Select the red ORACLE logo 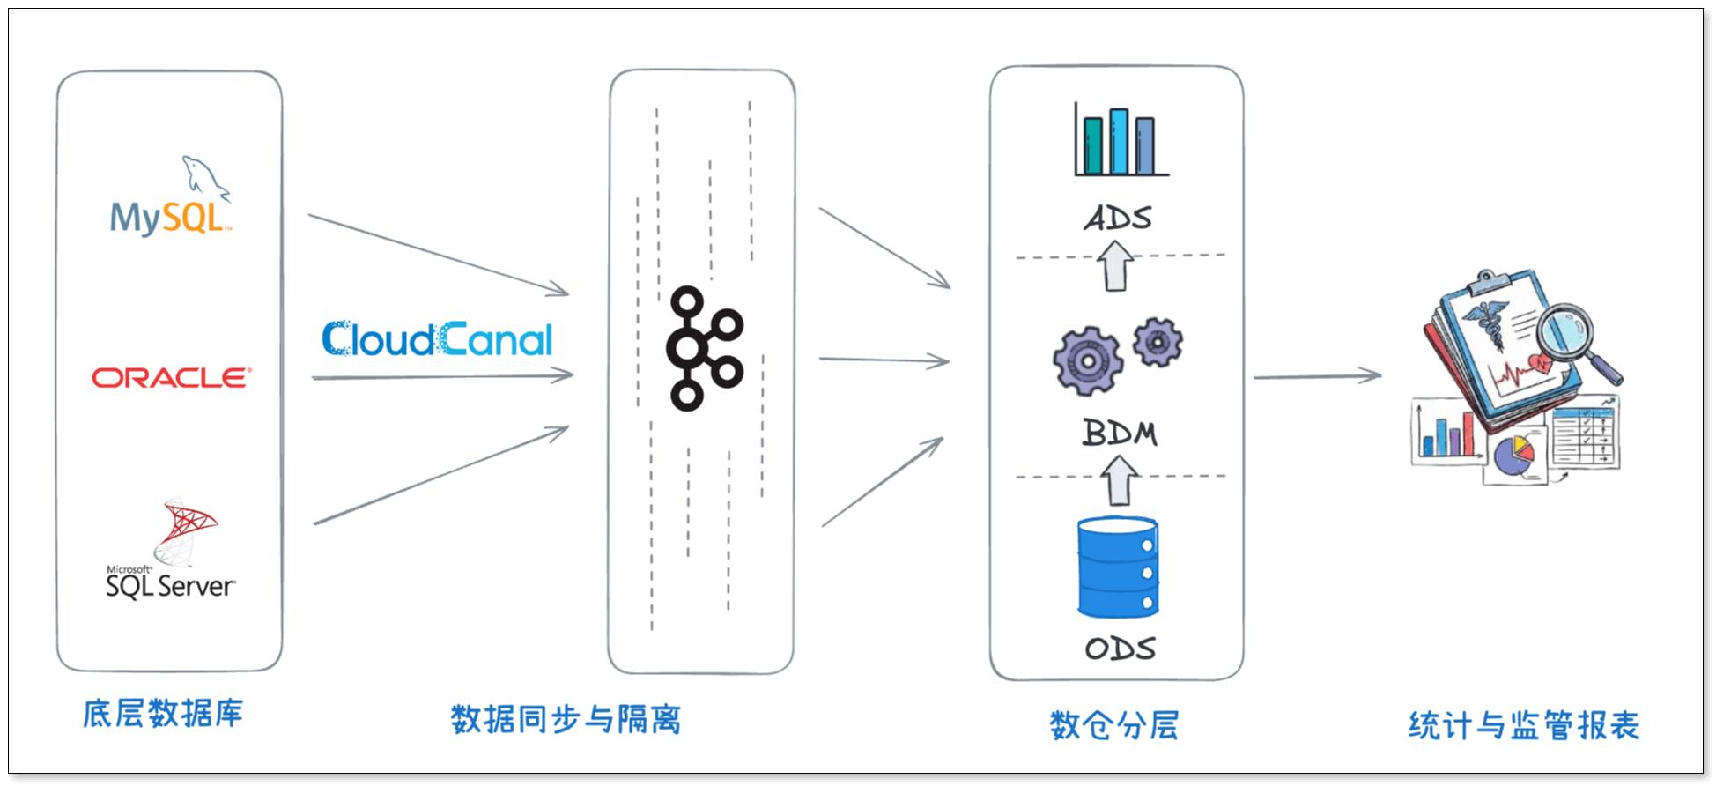pos(172,378)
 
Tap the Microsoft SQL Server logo pos(171,551)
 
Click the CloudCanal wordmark pos(437,339)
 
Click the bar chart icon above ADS pos(1120,142)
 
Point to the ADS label pos(1118,218)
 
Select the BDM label pos(1120,433)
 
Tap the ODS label pos(1120,649)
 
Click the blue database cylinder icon pos(1118,567)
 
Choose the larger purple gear pos(1088,361)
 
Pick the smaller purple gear pos(1158,342)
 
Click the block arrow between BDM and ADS pos(1115,266)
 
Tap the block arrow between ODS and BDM pos(1120,480)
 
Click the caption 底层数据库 pos(163,713)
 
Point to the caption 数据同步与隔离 pos(566,719)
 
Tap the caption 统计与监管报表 pos(1523,725)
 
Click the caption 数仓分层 pos(1114,725)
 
